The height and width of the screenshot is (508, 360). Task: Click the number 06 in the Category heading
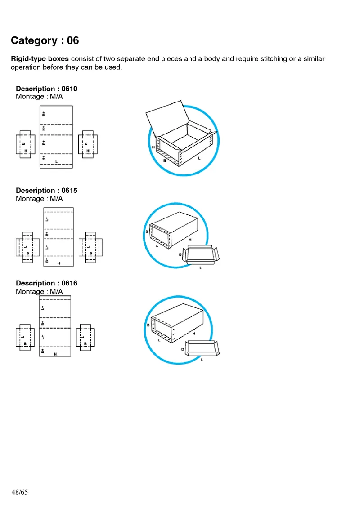(x=73, y=40)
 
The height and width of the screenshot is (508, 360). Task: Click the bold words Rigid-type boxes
(x=40, y=59)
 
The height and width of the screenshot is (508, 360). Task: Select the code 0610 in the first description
(x=69, y=89)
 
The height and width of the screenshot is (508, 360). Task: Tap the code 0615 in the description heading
(x=69, y=190)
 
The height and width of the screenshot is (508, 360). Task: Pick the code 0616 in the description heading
(x=69, y=283)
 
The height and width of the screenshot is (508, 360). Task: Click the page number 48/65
(x=20, y=492)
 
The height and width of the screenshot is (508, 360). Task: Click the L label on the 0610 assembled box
(x=199, y=158)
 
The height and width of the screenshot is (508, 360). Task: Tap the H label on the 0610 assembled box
(x=153, y=147)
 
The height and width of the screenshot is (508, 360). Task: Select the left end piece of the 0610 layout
(x=25, y=144)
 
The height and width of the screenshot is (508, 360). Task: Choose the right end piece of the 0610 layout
(x=88, y=144)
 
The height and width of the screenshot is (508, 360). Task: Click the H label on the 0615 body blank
(x=59, y=263)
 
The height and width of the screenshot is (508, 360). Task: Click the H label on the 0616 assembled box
(x=194, y=334)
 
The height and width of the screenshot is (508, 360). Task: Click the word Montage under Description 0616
(x=30, y=291)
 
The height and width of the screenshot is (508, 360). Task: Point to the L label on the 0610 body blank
(x=56, y=160)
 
